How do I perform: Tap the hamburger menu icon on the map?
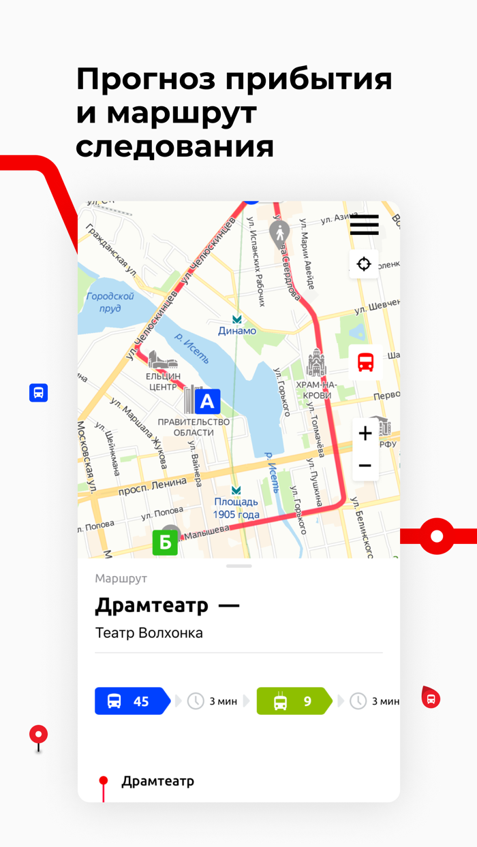click(364, 225)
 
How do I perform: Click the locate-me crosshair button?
click(364, 263)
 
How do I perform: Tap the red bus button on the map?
click(366, 362)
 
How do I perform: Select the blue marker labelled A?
click(207, 402)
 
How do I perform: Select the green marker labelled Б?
click(165, 543)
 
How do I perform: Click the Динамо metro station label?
click(237, 330)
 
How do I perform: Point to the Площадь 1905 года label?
click(236, 509)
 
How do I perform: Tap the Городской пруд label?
click(110, 302)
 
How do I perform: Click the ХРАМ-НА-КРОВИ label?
click(313, 390)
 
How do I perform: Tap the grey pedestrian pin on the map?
click(278, 234)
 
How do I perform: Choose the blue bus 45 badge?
click(132, 701)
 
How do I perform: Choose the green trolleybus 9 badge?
click(293, 701)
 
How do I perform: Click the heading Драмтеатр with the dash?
click(167, 605)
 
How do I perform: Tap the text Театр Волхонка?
click(149, 633)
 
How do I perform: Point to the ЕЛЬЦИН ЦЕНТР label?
click(164, 381)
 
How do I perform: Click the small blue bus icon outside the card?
click(39, 393)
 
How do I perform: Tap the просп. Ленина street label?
click(152, 486)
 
